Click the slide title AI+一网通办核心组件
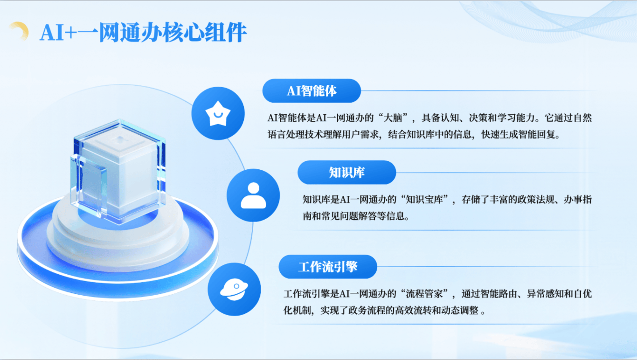pos(143,33)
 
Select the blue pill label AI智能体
pos(312,91)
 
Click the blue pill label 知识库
pos(346,173)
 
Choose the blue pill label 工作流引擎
pos(328,267)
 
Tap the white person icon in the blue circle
pos(253,196)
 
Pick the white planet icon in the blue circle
pos(234,290)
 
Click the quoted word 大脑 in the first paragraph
pos(393,118)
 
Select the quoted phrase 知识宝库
pos(424,200)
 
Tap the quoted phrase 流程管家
pos(424,294)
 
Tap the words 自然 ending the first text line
pos(582,118)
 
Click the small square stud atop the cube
pos(120,139)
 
